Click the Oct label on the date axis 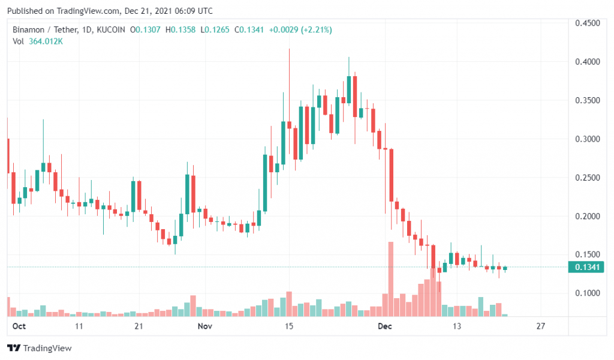tap(19, 326)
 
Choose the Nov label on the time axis tap(205, 326)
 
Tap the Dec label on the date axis tap(385, 326)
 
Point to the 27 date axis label tap(541, 326)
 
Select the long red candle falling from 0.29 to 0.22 tap(391, 175)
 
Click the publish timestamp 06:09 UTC tap(192, 11)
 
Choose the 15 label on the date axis tap(289, 326)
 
